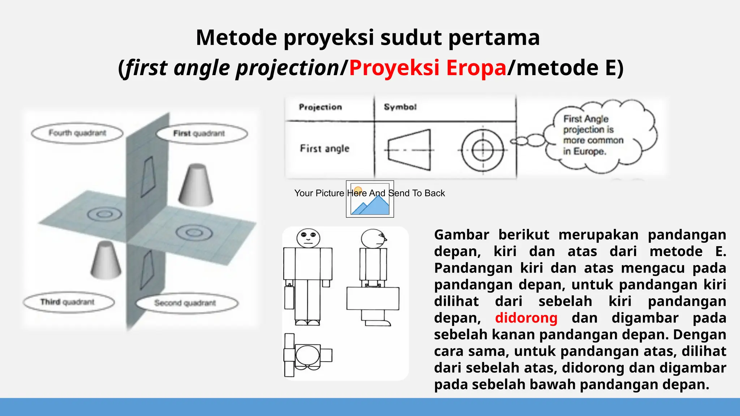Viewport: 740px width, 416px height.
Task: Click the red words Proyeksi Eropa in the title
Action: click(427, 68)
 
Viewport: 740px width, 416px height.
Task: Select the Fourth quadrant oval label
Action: click(77, 133)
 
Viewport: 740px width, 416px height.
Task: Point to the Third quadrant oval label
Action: click(68, 302)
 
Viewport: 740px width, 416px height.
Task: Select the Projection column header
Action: click(320, 107)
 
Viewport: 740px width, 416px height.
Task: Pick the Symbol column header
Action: click(400, 107)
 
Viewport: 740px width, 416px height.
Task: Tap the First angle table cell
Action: click(324, 149)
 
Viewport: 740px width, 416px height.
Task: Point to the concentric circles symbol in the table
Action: click(483, 150)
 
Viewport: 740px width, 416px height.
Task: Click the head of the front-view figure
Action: click(308, 238)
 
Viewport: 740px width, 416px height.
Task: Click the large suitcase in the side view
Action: click(373, 299)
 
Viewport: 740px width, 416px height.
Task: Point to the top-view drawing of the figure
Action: click(307, 355)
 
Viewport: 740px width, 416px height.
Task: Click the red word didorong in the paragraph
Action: click(526, 318)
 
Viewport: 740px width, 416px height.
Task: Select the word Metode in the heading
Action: click(237, 38)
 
